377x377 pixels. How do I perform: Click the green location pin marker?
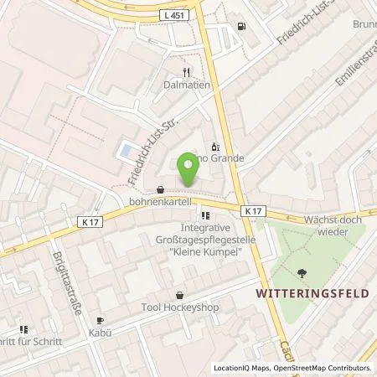tap(188, 171)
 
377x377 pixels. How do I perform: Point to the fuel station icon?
tap(241, 26)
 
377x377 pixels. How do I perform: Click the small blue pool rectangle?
tap(125, 151)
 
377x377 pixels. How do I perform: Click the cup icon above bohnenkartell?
tap(160, 189)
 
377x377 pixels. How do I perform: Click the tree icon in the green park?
tap(300, 271)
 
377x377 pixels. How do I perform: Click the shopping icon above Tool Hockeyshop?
tap(180, 295)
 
